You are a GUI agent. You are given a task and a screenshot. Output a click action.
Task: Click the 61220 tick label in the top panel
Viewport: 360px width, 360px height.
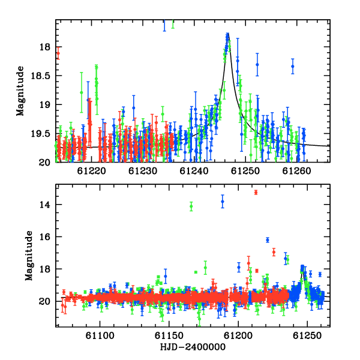(91, 171)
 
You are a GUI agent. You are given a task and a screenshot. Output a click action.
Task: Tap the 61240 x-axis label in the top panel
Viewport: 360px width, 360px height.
(194, 171)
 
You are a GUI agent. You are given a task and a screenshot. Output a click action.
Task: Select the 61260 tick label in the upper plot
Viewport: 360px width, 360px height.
(296, 171)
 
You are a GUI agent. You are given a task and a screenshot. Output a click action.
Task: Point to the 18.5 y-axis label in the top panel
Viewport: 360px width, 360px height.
(40, 76)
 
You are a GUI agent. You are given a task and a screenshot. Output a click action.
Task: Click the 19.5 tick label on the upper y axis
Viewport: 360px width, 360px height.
(40, 134)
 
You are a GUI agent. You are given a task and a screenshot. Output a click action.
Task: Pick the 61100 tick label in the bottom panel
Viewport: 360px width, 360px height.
(100, 335)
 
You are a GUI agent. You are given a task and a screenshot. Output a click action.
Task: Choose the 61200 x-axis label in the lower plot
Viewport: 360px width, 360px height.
(238, 335)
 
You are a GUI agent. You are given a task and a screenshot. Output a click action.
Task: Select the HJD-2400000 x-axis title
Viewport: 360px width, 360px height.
(193, 347)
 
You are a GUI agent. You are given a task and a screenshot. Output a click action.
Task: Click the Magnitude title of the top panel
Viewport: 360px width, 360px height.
(20, 91)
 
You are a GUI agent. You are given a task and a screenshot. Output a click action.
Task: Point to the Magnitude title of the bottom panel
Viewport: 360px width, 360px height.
(29, 256)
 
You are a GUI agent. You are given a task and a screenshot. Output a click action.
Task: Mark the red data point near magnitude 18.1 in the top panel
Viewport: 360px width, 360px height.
(58, 53)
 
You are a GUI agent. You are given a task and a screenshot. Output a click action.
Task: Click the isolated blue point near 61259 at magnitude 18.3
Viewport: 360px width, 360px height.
(293, 67)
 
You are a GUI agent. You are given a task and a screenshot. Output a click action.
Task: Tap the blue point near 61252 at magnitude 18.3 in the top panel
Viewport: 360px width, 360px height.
(257, 65)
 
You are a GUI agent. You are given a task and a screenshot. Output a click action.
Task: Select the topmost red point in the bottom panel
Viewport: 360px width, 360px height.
(256, 193)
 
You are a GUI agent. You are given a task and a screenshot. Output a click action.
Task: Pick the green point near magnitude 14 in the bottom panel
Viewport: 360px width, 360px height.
(191, 206)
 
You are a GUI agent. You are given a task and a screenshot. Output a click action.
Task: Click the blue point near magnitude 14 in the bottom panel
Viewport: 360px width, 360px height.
(223, 202)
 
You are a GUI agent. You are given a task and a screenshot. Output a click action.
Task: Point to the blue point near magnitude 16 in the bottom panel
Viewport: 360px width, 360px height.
(268, 240)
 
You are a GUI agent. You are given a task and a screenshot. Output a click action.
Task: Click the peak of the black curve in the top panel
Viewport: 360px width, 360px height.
(228, 34)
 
